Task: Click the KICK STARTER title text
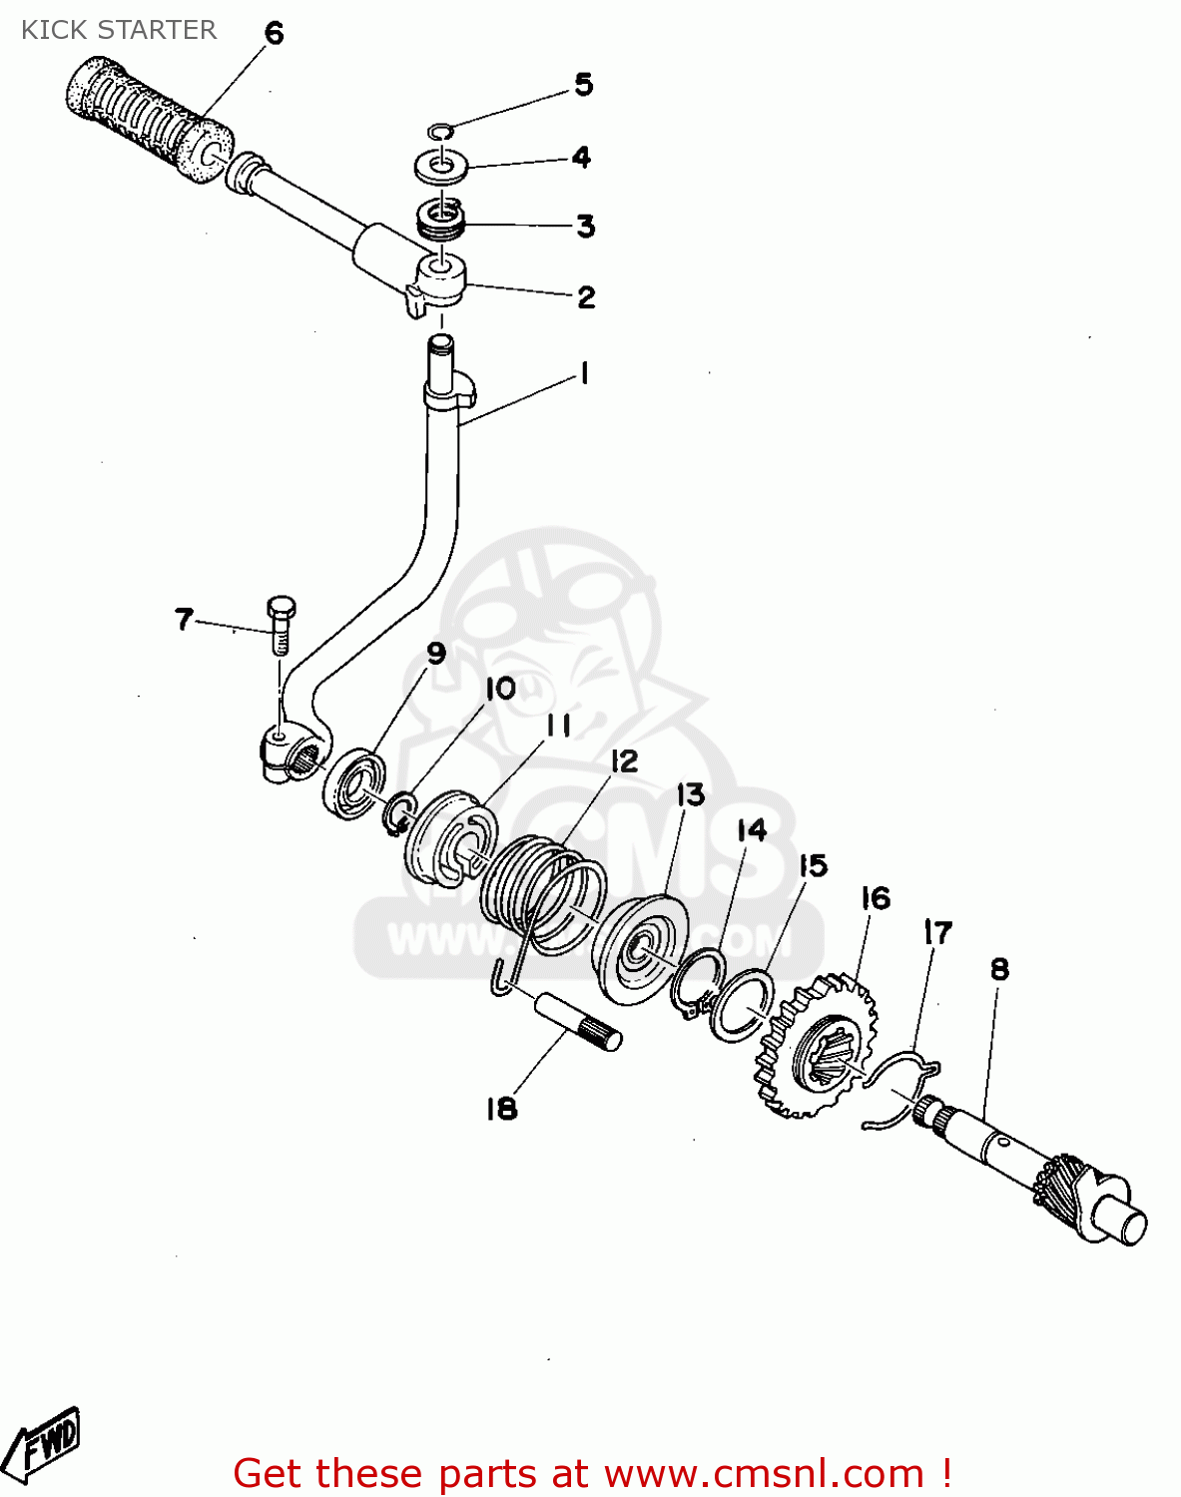pyautogui.click(x=119, y=30)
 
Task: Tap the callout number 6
pyautogui.click(x=274, y=34)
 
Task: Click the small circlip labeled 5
pyautogui.click(x=440, y=130)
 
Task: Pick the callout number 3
pyautogui.click(x=586, y=227)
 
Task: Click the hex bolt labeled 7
pyautogui.click(x=281, y=624)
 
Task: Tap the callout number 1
pyautogui.click(x=584, y=374)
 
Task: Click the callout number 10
pyautogui.click(x=500, y=689)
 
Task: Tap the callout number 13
pyautogui.click(x=691, y=795)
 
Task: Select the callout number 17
pyautogui.click(x=937, y=933)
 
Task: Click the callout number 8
pyautogui.click(x=999, y=969)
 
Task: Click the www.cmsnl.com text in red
pyautogui.click(x=764, y=1474)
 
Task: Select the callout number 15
pyautogui.click(x=814, y=865)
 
